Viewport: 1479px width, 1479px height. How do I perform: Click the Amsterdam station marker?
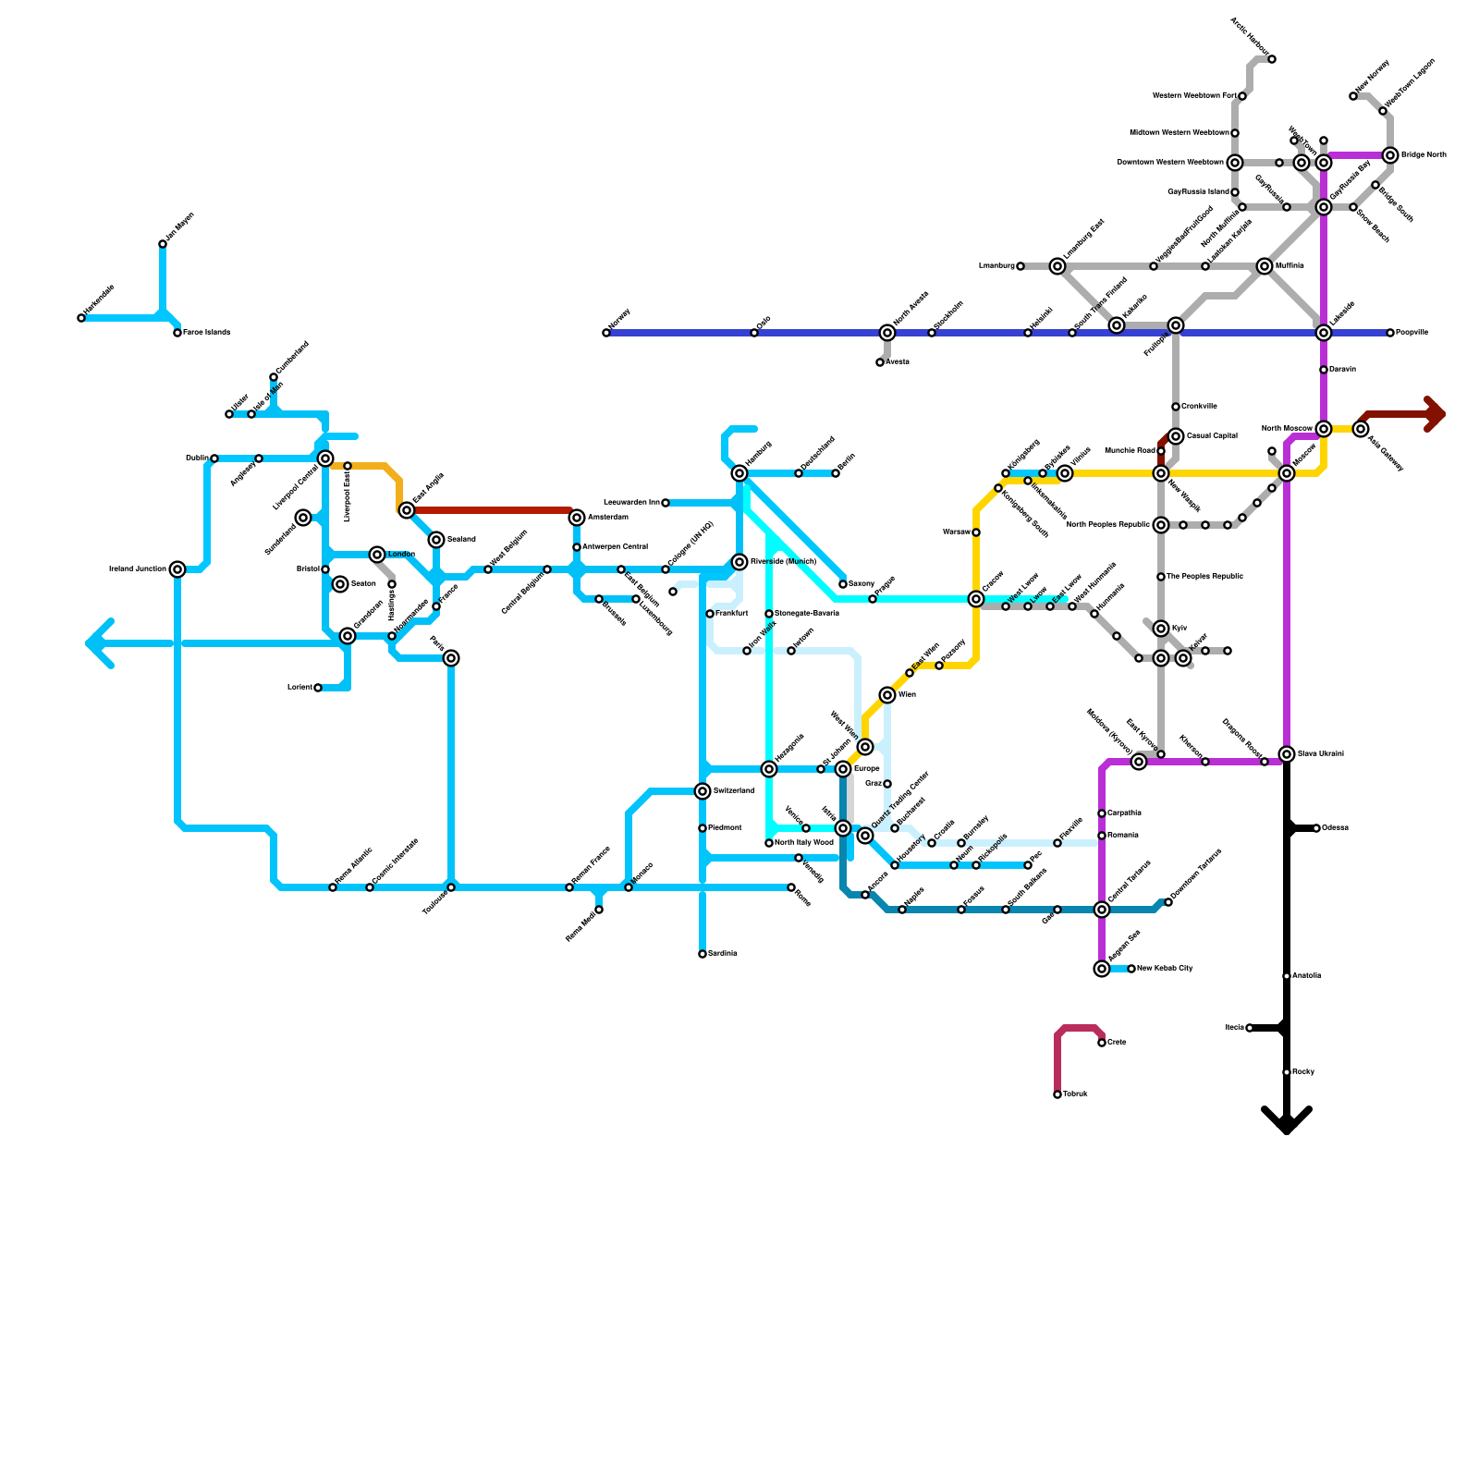[577, 518]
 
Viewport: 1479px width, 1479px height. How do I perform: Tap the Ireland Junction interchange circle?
[177, 569]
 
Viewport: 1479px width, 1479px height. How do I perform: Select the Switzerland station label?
[734, 791]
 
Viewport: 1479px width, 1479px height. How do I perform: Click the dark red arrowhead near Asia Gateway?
[1435, 414]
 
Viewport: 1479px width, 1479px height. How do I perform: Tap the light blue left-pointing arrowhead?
[98, 643]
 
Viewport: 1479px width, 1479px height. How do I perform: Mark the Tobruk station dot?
[1057, 1094]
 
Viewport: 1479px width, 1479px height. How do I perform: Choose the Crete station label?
[1117, 1043]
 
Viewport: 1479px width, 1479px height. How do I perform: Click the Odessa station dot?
[1316, 828]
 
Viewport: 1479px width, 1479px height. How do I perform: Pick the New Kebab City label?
[1165, 969]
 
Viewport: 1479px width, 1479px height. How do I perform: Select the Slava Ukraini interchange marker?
[1287, 754]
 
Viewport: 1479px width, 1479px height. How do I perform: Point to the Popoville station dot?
[1390, 333]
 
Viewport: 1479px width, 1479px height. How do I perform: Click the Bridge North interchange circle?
[1390, 155]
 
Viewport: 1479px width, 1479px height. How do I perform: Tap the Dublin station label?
[196, 458]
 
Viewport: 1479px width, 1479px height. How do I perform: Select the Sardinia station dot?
[703, 954]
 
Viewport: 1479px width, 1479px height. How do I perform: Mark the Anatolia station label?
[1307, 976]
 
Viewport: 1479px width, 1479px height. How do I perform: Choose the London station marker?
[377, 555]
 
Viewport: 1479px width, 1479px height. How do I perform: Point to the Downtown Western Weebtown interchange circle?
[1235, 163]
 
